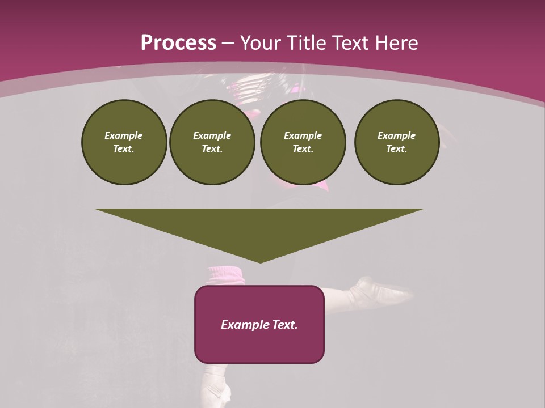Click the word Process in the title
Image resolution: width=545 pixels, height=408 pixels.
coord(178,43)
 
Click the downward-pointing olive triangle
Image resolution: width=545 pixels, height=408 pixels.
coord(259,227)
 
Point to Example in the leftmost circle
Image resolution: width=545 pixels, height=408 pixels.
coord(124,135)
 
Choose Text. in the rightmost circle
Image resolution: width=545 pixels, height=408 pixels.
coord(396,148)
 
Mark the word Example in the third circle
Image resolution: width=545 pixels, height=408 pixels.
coord(303,135)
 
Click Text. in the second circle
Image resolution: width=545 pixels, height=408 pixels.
coord(212,148)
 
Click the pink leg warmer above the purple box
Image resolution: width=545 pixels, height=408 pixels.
coord(227,275)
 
